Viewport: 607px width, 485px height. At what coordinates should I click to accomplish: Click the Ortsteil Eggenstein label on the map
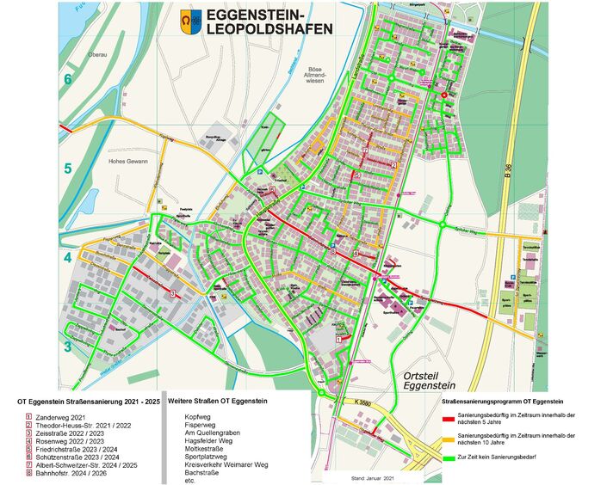434,383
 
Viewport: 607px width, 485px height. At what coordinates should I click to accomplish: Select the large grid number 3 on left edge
67,347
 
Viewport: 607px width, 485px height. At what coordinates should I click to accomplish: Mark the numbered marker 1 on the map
338,341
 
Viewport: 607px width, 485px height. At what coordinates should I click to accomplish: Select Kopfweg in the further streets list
199,416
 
